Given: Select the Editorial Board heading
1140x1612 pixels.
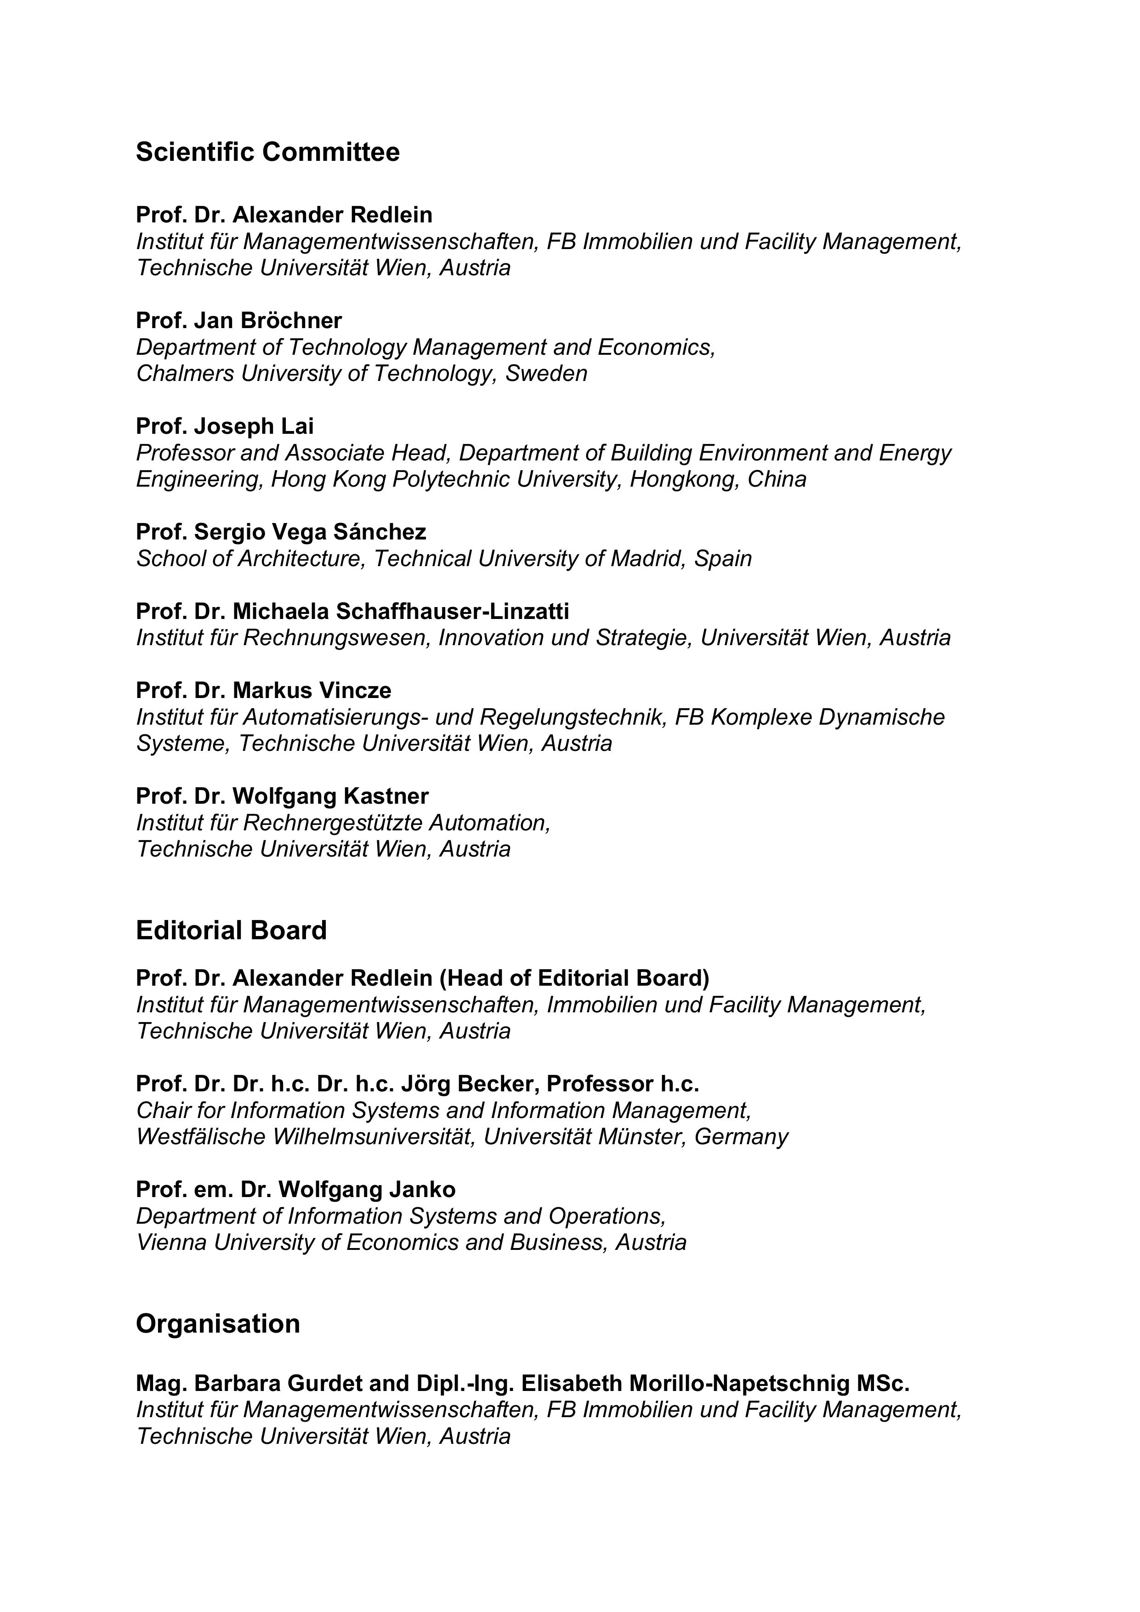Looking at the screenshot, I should [231, 930].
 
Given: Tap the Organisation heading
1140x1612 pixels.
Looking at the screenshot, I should [218, 1323].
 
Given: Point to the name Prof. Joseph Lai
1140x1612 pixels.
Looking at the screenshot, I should [225, 426].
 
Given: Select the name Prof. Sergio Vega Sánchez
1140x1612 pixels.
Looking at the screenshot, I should [281, 532].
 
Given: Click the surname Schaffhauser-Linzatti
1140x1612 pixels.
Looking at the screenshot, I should [452, 612].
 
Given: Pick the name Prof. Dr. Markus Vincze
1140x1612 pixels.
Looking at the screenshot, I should [263, 691].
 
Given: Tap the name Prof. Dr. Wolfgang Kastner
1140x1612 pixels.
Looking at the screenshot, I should [282, 796].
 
